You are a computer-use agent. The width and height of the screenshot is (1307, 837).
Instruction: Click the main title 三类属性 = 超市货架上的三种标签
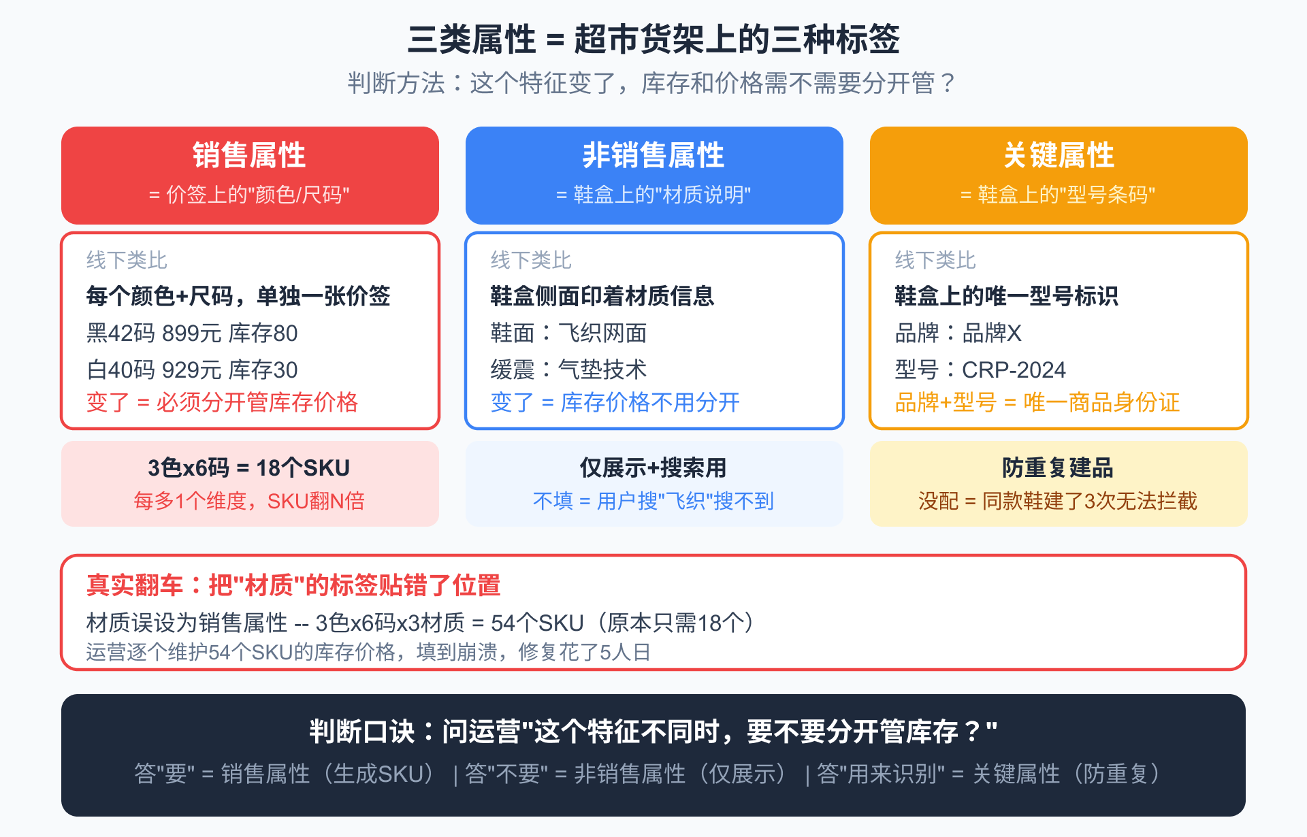click(653, 39)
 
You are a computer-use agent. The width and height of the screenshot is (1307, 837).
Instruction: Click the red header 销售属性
click(249, 155)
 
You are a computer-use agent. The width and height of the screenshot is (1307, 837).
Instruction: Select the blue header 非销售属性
click(653, 155)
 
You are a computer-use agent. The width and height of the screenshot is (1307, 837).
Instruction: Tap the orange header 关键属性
click(1059, 155)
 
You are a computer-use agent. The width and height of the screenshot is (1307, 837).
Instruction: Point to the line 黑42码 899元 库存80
click(192, 333)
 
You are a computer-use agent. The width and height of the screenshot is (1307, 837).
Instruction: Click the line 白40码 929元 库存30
click(192, 370)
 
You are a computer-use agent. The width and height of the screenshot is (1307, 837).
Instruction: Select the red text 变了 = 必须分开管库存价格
click(222, 402)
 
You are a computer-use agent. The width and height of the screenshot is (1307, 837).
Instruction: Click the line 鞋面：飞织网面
click(568, 333)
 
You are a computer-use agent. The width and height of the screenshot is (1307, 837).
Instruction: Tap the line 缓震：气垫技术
click(568, 370)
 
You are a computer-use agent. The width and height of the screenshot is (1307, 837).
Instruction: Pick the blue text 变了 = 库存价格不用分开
click(615, 402)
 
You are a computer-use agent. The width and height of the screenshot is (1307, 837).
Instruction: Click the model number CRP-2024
click(1014, 370)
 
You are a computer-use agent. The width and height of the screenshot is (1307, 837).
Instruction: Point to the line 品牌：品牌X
click(958, 333)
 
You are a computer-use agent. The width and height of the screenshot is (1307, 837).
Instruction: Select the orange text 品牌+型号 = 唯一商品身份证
click(1037, 402)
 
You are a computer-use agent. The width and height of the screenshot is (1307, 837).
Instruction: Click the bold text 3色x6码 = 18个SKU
click(249, 468)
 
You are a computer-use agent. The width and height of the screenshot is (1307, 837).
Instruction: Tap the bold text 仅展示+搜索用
click(653, 468)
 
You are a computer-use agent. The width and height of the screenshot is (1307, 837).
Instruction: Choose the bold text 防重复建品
click(1058, 468)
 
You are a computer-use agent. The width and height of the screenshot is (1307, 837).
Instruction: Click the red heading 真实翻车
click(135, 585)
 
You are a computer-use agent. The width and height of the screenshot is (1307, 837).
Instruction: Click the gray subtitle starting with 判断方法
click(652, 83)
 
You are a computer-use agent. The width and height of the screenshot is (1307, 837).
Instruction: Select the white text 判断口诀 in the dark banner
click(361, 732)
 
